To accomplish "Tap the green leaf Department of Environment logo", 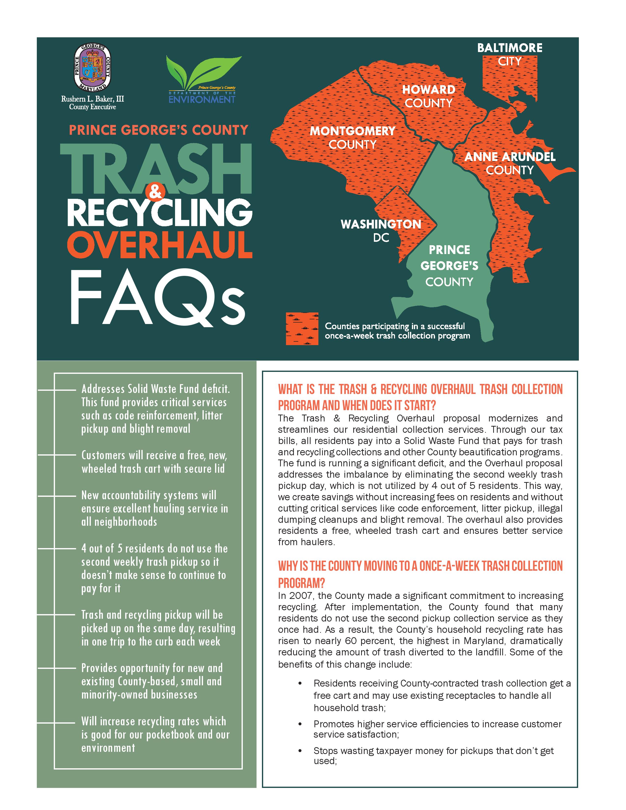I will [202, 79].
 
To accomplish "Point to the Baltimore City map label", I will [510, 54].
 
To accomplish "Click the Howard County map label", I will [428, 96].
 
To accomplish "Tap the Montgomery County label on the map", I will [352, 137].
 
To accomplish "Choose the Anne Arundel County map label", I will [510, 163].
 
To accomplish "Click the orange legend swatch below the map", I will [302, 329].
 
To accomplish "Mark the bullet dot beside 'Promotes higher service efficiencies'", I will [300, 724].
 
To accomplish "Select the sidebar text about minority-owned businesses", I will [152, 681].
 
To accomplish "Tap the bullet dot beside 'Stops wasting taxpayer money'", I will [300, 750].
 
